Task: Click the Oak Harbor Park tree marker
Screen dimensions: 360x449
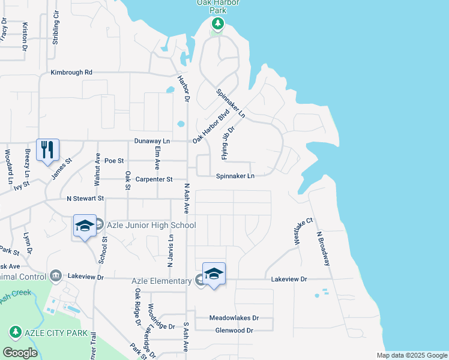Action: tap(217, 25)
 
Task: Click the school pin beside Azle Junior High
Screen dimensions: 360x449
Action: tap(85, 226)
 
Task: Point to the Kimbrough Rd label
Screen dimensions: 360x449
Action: tap(71, 72)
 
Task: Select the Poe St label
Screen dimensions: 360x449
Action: tap(113, 161)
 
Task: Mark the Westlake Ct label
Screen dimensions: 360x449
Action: tap(303, 231)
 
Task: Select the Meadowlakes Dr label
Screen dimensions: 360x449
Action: tap(234, 318)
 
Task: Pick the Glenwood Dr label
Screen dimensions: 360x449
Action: tap(234, 331)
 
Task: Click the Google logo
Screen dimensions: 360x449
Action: tap(20, 353)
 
